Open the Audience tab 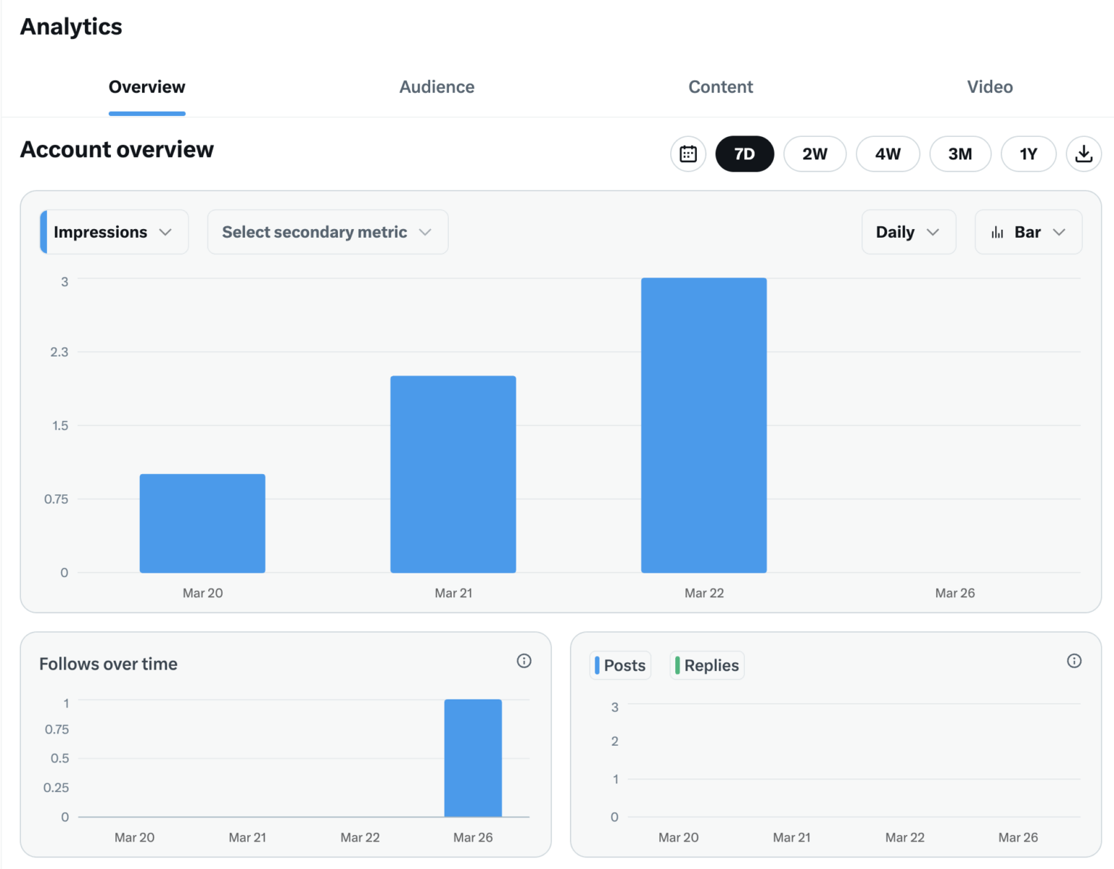pyautogui.click(x=437, y=87)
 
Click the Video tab pyautogui.click(x=989, y=87)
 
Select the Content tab pyautogui.click(x=720, y=87)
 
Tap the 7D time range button pyautogui.click(x=744, y=154)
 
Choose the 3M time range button pyautogui.click(x=960, y=154)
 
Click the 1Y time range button pyautogui.click(x=1028, y=154)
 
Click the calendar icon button pyautogui.click(x=688, y=154)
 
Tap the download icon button pyautogui.click(x=1084, y=154)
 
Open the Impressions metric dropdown pyautogui.click(x=115, y=232)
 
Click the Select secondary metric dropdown pyautogui.click(x=327, y=232)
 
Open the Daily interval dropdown pyautogui.click(x=908, y=232)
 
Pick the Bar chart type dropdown pyautogui.click(x=1028, y=232)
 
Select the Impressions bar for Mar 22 pyautogui.click(x=704, y=425)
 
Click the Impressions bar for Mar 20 pyautogui.click(x=202, y=523)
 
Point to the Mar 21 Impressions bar pyautogui.click(x=453, y=474)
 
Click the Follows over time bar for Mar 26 pyautogui.click(x=473, y=758)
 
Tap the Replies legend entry pyautogui.click(x=707, y=665)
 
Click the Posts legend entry pyautogui.click(x=621, y=665)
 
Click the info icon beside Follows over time pyautogui.click(x=524, y=661)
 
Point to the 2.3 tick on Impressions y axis pyautogui.click(x=59, y=352)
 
